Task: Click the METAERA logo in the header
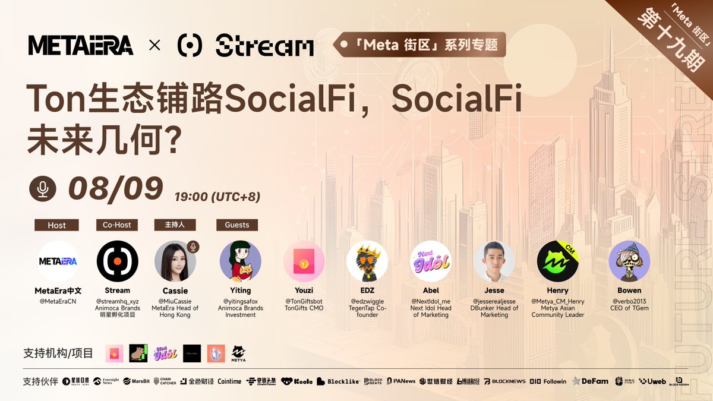pos(81,45)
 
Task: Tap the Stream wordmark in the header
pos(264,46)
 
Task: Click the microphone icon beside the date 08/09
pos(43,188)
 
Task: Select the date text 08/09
pos(115,188)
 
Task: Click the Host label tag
pos(57,225)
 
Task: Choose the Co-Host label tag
pos(116,225)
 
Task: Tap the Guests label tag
pos(237,225)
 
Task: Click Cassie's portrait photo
pos(175,261)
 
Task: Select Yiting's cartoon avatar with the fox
pos(240,261)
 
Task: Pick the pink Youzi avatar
pos(304,261)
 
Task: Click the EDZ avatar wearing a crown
pos(367,261)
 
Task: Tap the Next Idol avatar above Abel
pos(431,261)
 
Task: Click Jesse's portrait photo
pos(494,261)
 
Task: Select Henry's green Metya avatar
pos(557,261)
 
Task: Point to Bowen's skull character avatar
pos(629,261)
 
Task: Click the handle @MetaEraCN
pos(58,301)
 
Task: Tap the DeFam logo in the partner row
pos(591,381)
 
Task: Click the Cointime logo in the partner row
pos(229,381)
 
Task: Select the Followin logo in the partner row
pos(548,381)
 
